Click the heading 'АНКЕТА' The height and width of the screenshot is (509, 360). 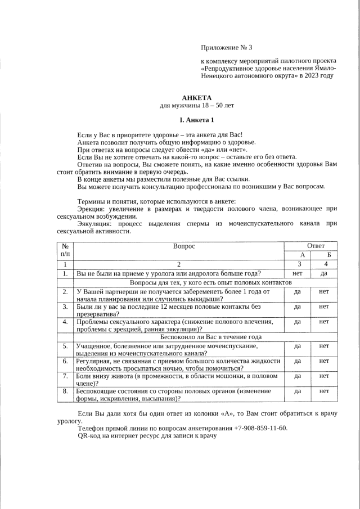[x=196, y=98]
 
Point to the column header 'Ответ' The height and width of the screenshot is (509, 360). [x=315, y=246]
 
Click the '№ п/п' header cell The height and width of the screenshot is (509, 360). [x=65, y=250]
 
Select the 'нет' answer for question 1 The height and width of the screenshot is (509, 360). [x=298, y=273]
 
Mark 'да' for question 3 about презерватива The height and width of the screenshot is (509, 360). [x=298, y=307]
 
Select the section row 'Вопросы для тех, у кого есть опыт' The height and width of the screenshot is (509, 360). [x=211, y=282]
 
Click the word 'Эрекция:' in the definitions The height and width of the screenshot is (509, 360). [x=92, y=209]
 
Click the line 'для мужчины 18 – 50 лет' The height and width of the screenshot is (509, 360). [x=196, y=105]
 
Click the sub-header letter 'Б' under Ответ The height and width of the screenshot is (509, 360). [x=328, y=255]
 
